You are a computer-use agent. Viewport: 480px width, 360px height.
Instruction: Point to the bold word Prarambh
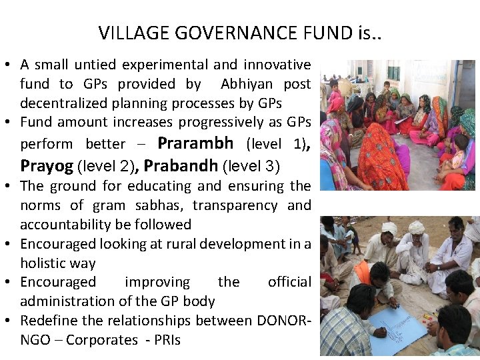point(195,143)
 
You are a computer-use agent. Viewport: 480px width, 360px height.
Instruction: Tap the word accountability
point(61,225)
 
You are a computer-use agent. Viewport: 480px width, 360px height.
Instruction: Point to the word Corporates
point(102,340)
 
